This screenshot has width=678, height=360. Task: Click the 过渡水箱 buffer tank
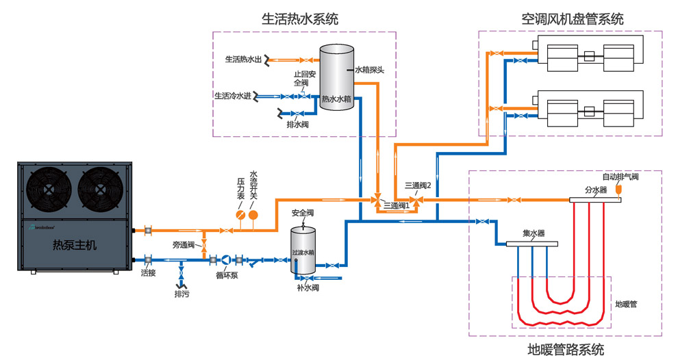tap(303, 251)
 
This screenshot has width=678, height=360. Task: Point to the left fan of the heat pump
tap(50, 191)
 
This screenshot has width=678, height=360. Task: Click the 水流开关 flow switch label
tap(253, 185)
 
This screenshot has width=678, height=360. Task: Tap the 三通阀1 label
tap(396, 205)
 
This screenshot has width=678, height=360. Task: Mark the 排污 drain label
tap(182, 294)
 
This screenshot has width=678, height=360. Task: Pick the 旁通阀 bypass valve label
tap(184, 244)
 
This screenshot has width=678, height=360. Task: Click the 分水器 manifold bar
tap(595, 200)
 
